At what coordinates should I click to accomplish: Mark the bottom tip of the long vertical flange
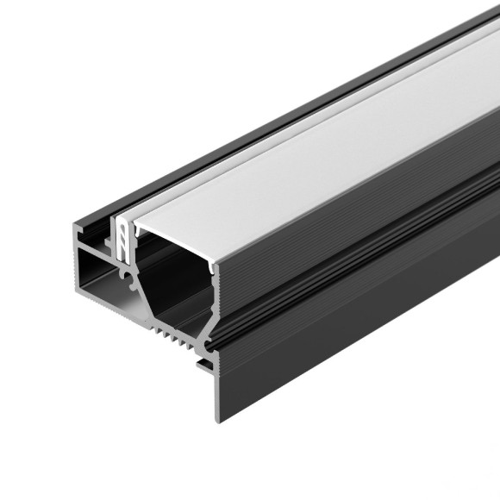point(217,420)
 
